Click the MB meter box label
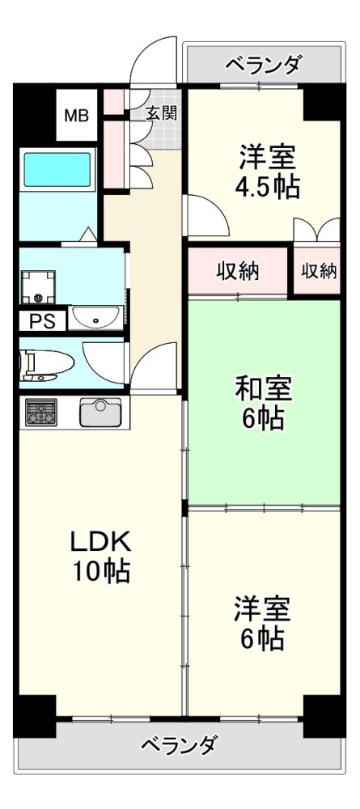(76, 116)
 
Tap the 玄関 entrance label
(161, 113)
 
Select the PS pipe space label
(42, 322)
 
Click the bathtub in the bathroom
(57, 168)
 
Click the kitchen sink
(100, 412)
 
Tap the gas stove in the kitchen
(41, 413)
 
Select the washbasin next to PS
(96, 318)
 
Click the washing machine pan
(38, 287)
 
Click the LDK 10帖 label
(101, 557)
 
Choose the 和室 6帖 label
(264, 404)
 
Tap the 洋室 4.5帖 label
(267, 172)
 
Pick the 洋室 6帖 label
(263, 623)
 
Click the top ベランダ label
(264, 66)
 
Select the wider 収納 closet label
(238, 270)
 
